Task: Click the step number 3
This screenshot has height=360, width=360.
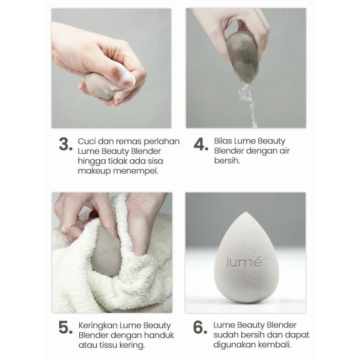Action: click(65, 145)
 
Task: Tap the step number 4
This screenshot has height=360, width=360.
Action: click(201, 145)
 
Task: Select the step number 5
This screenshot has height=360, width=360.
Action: click(65, 328)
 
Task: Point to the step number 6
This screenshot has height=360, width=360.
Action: click(200, 328)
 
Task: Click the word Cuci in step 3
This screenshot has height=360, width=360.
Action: click(86, 141)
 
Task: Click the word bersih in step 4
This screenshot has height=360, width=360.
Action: click(227, 160)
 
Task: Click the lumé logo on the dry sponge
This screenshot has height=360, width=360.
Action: click(244, 262)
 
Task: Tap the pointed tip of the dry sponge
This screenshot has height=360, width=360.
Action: click(245, 212)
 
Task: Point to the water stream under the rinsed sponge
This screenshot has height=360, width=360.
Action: click(248, 103)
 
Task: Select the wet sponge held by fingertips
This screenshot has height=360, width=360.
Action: click(242, 58)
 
